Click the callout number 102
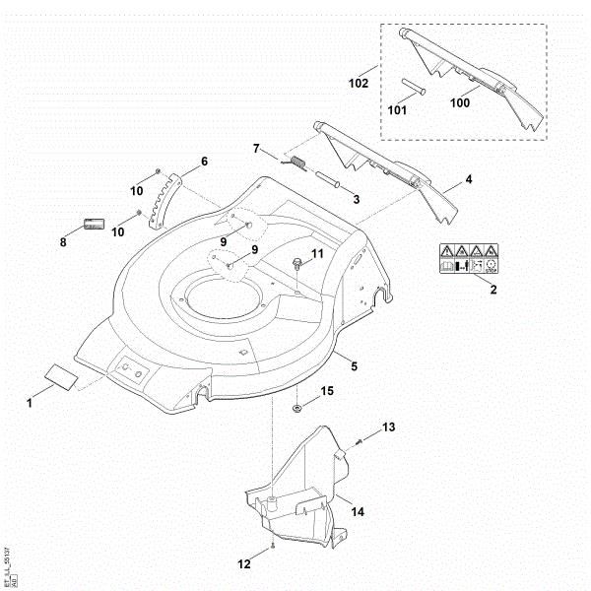pyautogui.click(x=358, y=84)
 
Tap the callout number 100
pyautogui.click(x=460, y=102)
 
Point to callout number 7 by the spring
pyautogui.click(x=256, y=149)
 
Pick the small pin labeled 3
pyautogui.click(x=330, y=179)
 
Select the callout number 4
pyautogui.click(x=469, y=180)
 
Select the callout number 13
pyautogui.click(x=388, y=427)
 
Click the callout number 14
pyautogui.click(x=358, y=512)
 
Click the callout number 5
pyautogui.click(x=354, y=366)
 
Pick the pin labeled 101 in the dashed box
pyautogui.click(x=415, y=85)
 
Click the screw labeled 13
pyautogui.click(x=359, y=442)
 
